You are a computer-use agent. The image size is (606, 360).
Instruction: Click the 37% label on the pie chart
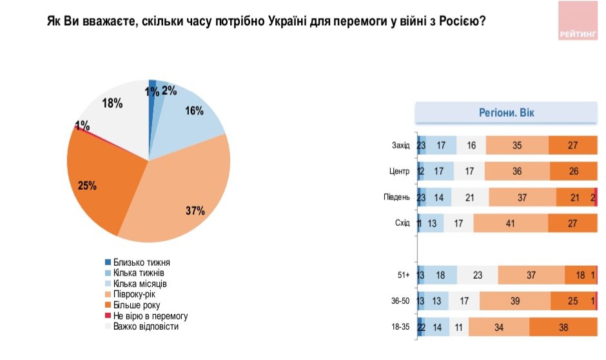(x=196, y=211)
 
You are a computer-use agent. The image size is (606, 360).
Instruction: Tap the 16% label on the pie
(x=194, y=111)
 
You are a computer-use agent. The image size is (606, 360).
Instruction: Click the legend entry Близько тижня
(x=141, y=263)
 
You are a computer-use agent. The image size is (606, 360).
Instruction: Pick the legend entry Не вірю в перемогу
(x=150, y=315)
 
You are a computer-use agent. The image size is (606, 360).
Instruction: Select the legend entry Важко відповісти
(x=145, y=326)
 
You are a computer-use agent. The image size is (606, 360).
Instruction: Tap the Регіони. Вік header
(x=506, y=114)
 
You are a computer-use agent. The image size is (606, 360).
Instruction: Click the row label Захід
(x=400, y=146)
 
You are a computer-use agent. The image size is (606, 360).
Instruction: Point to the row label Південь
(x=396, y=198)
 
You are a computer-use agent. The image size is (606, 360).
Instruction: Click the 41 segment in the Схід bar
(x=511, y=224)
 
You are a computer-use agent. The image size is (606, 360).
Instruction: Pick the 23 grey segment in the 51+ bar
(x=478, y=275)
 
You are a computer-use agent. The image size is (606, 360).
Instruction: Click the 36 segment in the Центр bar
(x=516, y=172)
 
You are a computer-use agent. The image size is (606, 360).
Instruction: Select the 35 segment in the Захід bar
(x=517, y=146)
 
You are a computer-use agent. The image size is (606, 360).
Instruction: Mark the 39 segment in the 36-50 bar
(x=514, y=301)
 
